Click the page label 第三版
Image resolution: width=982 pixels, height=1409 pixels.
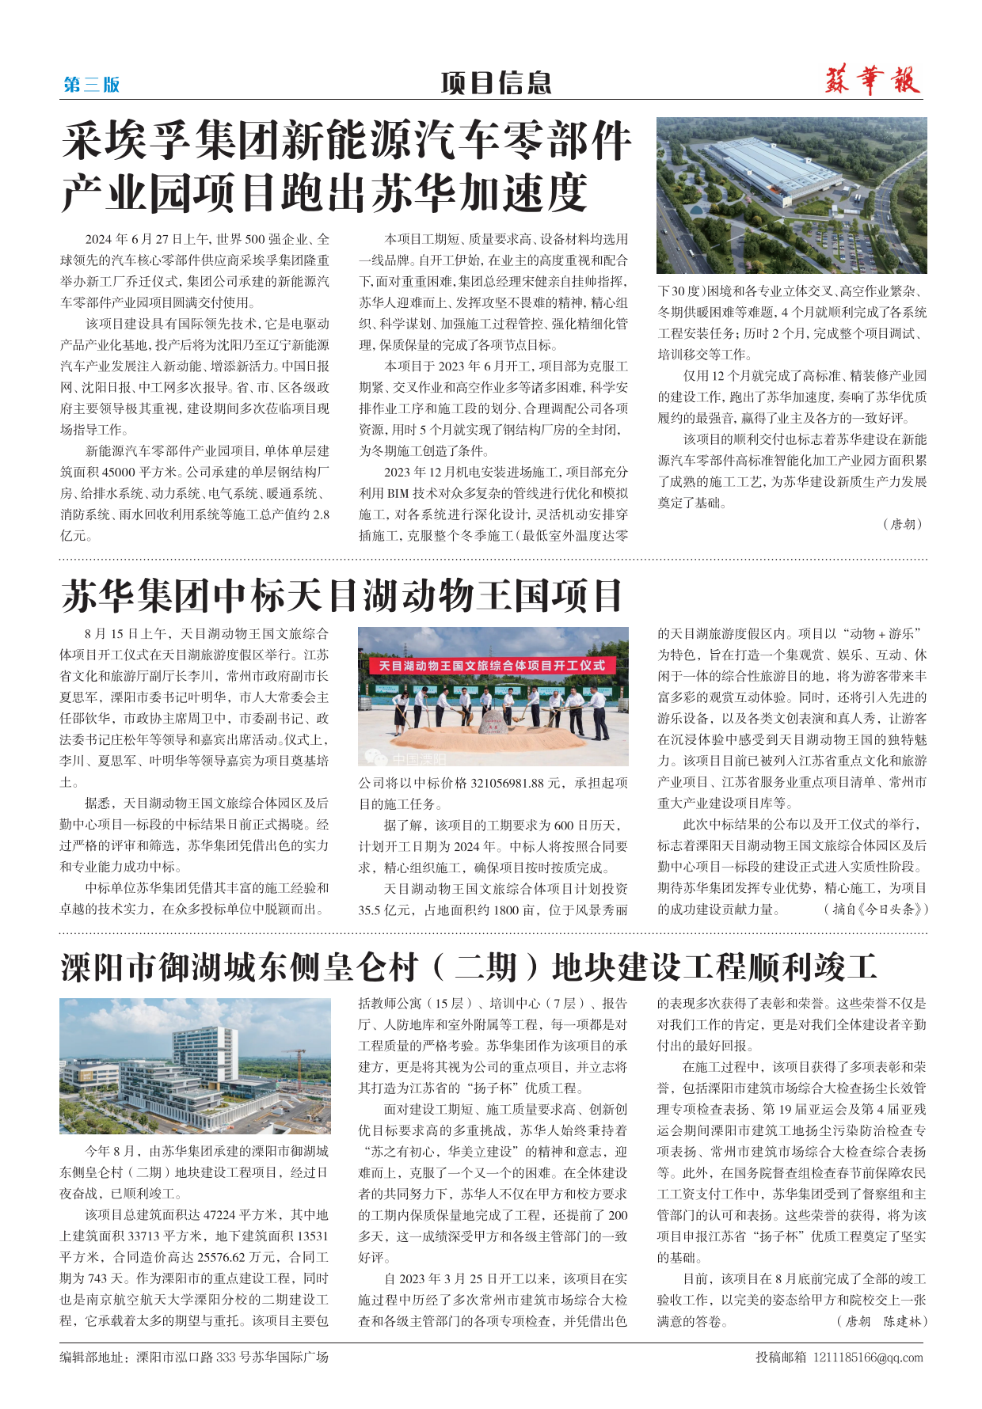tap(91, 85)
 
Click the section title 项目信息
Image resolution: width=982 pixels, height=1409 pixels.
tap(496, 83)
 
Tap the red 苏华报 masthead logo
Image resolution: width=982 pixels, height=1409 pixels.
tap(872, 82)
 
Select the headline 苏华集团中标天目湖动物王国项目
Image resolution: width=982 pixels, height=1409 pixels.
tap(342, 596)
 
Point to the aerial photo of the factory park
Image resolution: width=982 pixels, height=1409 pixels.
tap(791, 196)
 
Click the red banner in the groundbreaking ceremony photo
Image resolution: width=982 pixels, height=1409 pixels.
tap(492, 666)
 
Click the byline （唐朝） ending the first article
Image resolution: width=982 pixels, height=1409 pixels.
tap(902, 524)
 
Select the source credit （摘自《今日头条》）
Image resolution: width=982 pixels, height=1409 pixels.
tap(876, 910)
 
